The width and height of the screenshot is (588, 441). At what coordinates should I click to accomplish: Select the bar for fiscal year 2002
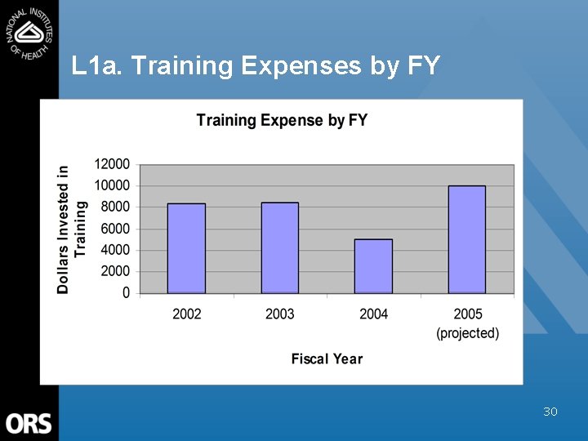(186, 248)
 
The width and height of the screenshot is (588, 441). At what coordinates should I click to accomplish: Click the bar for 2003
(279, 247)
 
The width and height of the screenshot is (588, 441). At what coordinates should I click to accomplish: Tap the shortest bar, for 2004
(373, 266)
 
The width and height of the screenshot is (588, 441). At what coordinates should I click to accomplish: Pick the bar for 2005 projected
(467, 239)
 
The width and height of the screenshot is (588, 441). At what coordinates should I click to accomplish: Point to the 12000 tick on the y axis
(112, 164)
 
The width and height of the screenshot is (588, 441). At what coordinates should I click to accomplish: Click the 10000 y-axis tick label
(112, 185)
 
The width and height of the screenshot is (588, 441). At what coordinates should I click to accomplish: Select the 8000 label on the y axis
(115, 207)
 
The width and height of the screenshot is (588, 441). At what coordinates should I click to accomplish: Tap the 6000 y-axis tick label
(115, 229)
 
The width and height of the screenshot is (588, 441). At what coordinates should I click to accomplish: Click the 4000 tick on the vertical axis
(115, 250)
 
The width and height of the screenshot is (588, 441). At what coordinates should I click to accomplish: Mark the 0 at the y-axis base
(126, 292)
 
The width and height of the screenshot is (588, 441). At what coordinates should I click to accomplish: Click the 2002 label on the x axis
(186, 314)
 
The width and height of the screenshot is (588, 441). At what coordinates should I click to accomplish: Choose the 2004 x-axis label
(373, 314)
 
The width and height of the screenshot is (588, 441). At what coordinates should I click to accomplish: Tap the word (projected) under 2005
(467, 333)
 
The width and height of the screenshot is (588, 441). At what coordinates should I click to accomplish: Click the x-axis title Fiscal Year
(327, 359)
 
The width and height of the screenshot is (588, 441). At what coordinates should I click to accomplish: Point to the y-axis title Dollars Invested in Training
(72, 229)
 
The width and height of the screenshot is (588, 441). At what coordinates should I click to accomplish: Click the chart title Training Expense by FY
(282, 121)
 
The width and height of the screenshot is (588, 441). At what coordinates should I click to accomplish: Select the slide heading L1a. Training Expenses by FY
(256, 65)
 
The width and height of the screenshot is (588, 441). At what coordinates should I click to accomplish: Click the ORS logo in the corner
(29, 423)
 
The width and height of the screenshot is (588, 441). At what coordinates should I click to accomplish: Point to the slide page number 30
(550, 412)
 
